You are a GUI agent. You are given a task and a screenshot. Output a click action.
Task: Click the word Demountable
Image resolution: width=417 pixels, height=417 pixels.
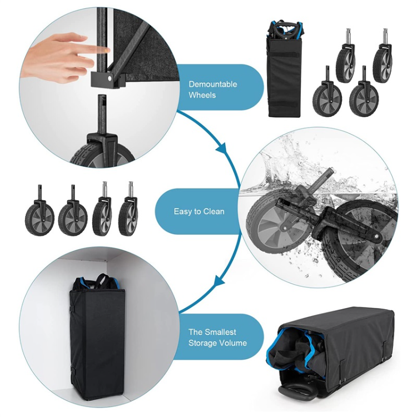[x=213, y=85]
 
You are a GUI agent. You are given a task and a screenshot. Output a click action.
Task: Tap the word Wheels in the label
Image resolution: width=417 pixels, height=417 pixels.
[x=202, y=95]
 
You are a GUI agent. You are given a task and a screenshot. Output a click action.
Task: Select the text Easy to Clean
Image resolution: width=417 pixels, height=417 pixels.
[x=199, y=211]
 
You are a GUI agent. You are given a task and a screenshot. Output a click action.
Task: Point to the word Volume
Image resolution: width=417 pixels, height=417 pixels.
[x=232, y=343]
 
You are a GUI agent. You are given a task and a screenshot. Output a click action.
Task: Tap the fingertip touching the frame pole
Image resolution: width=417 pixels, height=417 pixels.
[x=105, y=49]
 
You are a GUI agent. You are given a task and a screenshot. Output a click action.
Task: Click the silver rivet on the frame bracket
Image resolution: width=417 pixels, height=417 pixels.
[x=110, y=78]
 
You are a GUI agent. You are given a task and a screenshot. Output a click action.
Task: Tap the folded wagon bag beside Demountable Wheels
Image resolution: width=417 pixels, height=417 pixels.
[x=284, y=68]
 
